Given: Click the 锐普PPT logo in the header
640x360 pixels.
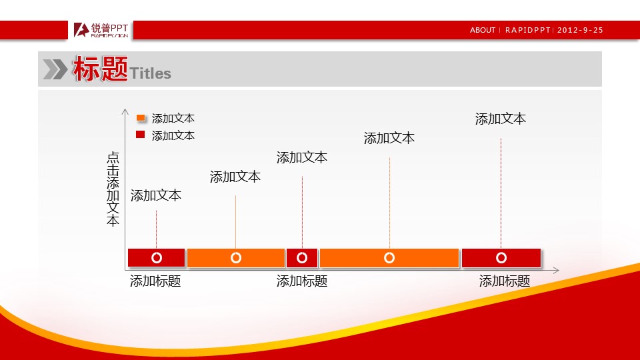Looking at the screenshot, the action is [x=101, y=30].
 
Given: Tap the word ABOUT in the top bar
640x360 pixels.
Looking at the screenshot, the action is [x=483, y=30].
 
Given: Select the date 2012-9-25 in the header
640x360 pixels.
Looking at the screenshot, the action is [x=580, y=30].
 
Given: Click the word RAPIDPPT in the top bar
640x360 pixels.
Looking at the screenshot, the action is [x=528, y=30].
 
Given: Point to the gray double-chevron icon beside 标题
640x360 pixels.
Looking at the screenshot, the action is [x=55, y=69].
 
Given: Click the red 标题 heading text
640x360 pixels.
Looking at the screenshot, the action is [x=101, y=69].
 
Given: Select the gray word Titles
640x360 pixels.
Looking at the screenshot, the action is [x=150, y=73].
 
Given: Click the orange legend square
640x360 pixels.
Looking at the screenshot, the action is [x=141, y=118].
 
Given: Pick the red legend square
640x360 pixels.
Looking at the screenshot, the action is [x=141, y=134].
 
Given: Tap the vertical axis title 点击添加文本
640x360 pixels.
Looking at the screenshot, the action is [x=113, y=189].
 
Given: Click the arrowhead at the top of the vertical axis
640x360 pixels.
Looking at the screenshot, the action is [x=125, y=111].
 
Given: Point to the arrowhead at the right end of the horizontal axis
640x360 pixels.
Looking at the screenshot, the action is [x=556, y=270].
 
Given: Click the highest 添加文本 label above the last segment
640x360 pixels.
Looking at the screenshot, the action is [x=501, y=119].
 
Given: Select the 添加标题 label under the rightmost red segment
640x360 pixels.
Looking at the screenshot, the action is [x=505, y=281].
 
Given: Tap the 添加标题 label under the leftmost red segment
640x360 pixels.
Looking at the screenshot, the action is [x=155, y=281].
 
